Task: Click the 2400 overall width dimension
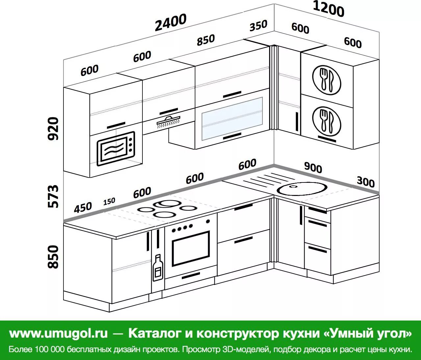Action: [x=170, y=22]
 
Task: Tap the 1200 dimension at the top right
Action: [x=328, y=9]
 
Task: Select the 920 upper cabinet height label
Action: [x=54, y=129]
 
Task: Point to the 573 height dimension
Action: [x=54, y=196]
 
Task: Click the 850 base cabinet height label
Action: [x=54, y=257]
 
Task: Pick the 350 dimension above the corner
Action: [x=258, y=26]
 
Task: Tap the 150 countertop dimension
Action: [x=109, y=201]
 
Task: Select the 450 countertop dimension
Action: [x=83, y=207]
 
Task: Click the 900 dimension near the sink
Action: [x=313, y=167]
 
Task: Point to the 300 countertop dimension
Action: [x=365, y=181]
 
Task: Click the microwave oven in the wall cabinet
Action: [x=116, y=149]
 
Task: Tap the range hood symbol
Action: [x=168, y=121]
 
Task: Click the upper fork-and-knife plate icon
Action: [x=327, y=79]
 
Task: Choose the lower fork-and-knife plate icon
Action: [x=327, y=121]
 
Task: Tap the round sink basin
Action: [x=302, y=188]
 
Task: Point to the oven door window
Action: [x=191, y=248]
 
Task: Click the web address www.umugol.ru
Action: [x=59, y=333]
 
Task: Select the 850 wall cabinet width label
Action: [x=206, y=40]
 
